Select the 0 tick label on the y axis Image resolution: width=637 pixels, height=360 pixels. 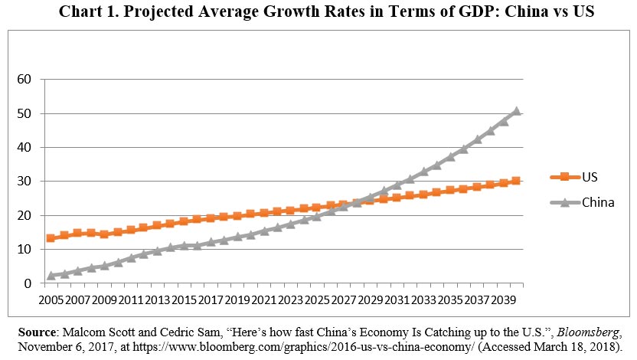pyautogui.click(x=30, y=283)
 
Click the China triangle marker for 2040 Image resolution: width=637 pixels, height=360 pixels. pyautogui.click(x=516, y=111)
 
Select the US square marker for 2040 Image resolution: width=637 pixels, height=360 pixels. pyautogui.click(x=516, y=181)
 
